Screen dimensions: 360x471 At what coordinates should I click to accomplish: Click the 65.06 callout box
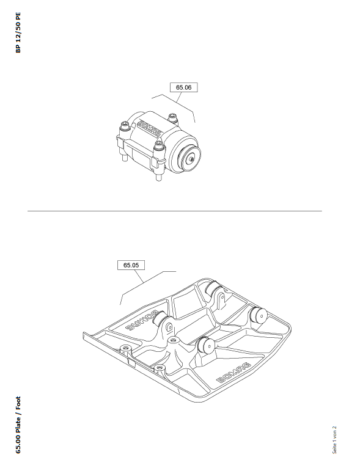tap(183, 87)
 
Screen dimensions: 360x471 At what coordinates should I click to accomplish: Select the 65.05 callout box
tap(131, 265)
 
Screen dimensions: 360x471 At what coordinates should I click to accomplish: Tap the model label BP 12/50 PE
tap(18, 32)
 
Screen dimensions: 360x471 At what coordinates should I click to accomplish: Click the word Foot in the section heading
tap(18, 403)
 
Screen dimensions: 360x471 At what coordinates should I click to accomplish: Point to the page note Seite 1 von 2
tap(334, 440)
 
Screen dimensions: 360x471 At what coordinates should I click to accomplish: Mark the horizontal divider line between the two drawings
tap(175, 211)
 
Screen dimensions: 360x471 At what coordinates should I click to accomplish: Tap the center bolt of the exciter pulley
tap(191, 160)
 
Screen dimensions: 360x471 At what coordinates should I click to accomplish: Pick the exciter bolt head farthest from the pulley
tap(125, 125)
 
